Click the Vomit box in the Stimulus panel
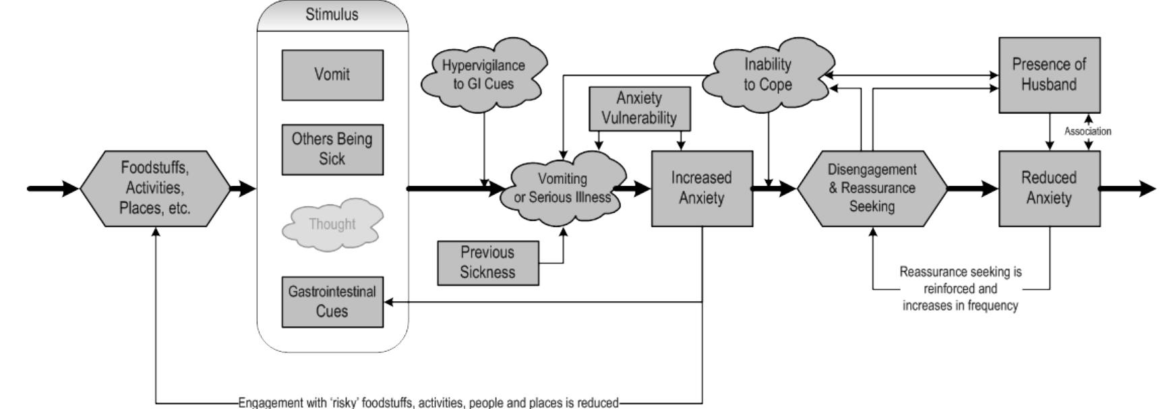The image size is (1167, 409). tap(332, 75)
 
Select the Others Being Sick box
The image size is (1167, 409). tap(332, 149)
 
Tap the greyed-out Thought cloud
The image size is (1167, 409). tap(332, 224)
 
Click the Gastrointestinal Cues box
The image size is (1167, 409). tap(332, 302)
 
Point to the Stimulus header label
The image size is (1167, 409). tap(332, 15)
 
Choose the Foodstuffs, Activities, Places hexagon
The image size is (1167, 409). tap(155, 188)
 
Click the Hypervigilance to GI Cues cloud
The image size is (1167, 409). tap(483, 75)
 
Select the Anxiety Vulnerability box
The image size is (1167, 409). tap(639, 108)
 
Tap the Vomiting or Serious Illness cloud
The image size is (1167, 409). tap(563, 188)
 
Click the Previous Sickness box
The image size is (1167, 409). tap(487, 263)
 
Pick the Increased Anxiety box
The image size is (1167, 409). tap(701, 188)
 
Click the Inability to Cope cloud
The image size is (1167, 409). tap(767, 75)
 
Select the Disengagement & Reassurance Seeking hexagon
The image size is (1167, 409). tap(872, 188)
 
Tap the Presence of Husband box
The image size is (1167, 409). tap(1049, 75)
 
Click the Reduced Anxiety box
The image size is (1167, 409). tap(1049, 188)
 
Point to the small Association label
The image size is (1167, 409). tap(1087, 131)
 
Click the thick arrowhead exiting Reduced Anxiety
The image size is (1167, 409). tap(1147, 189)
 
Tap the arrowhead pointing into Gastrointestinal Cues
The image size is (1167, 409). tap(389, 302)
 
